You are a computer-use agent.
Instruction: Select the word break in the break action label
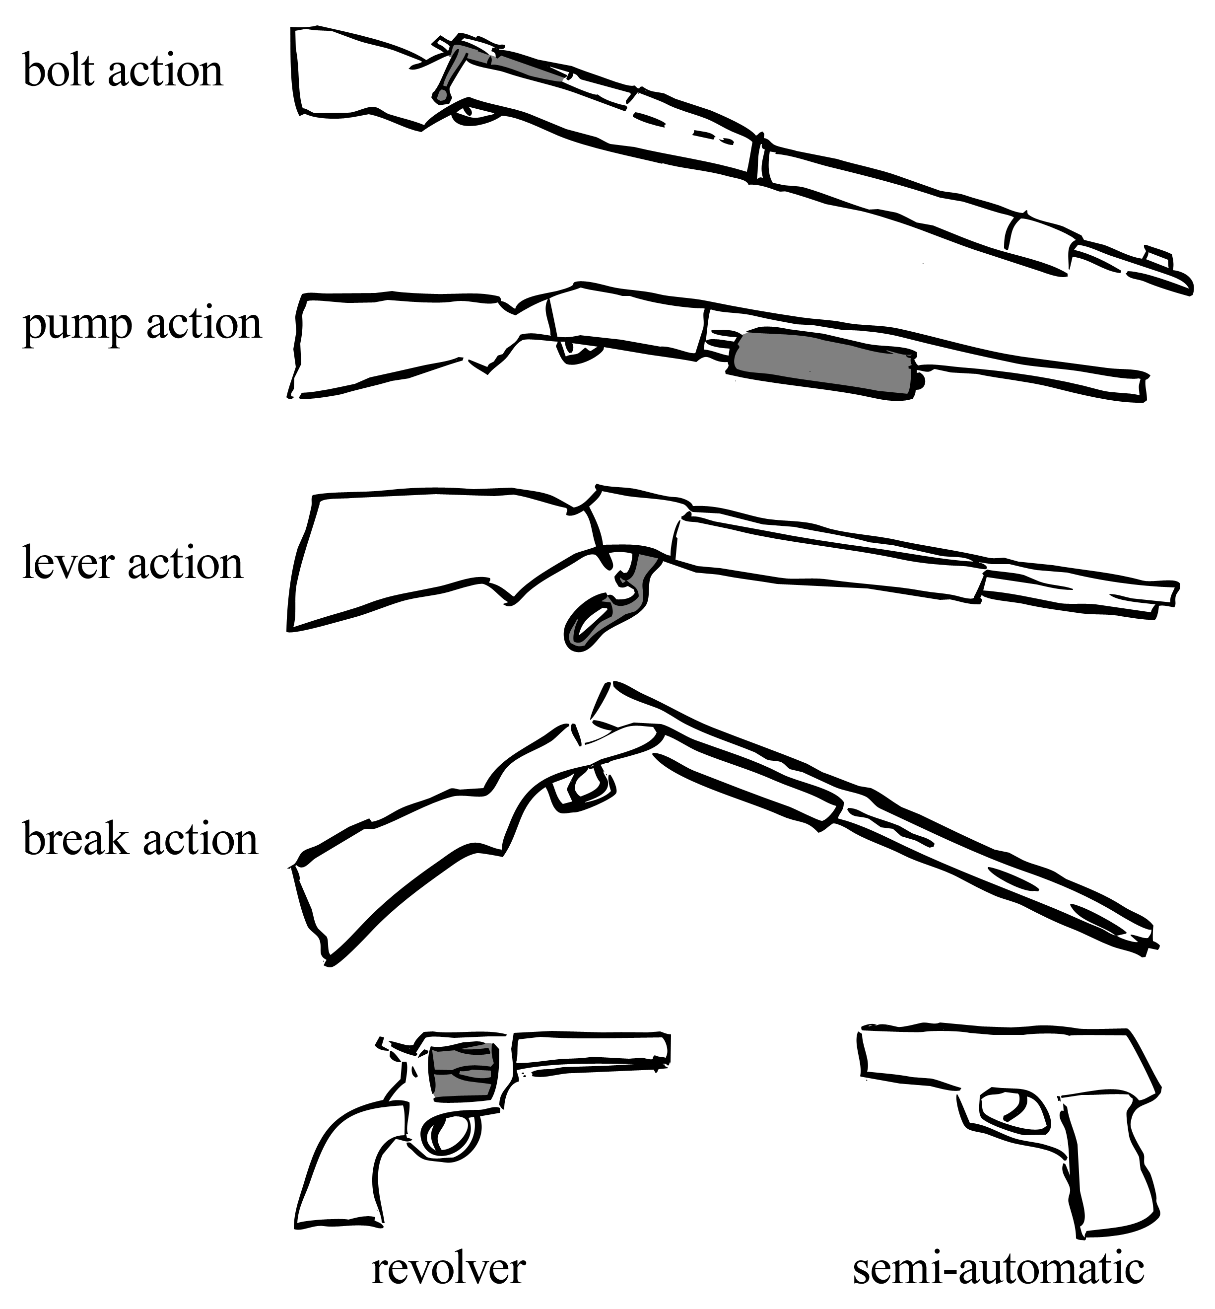pos(75,840)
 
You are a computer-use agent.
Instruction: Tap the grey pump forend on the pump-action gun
pos(822,363)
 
